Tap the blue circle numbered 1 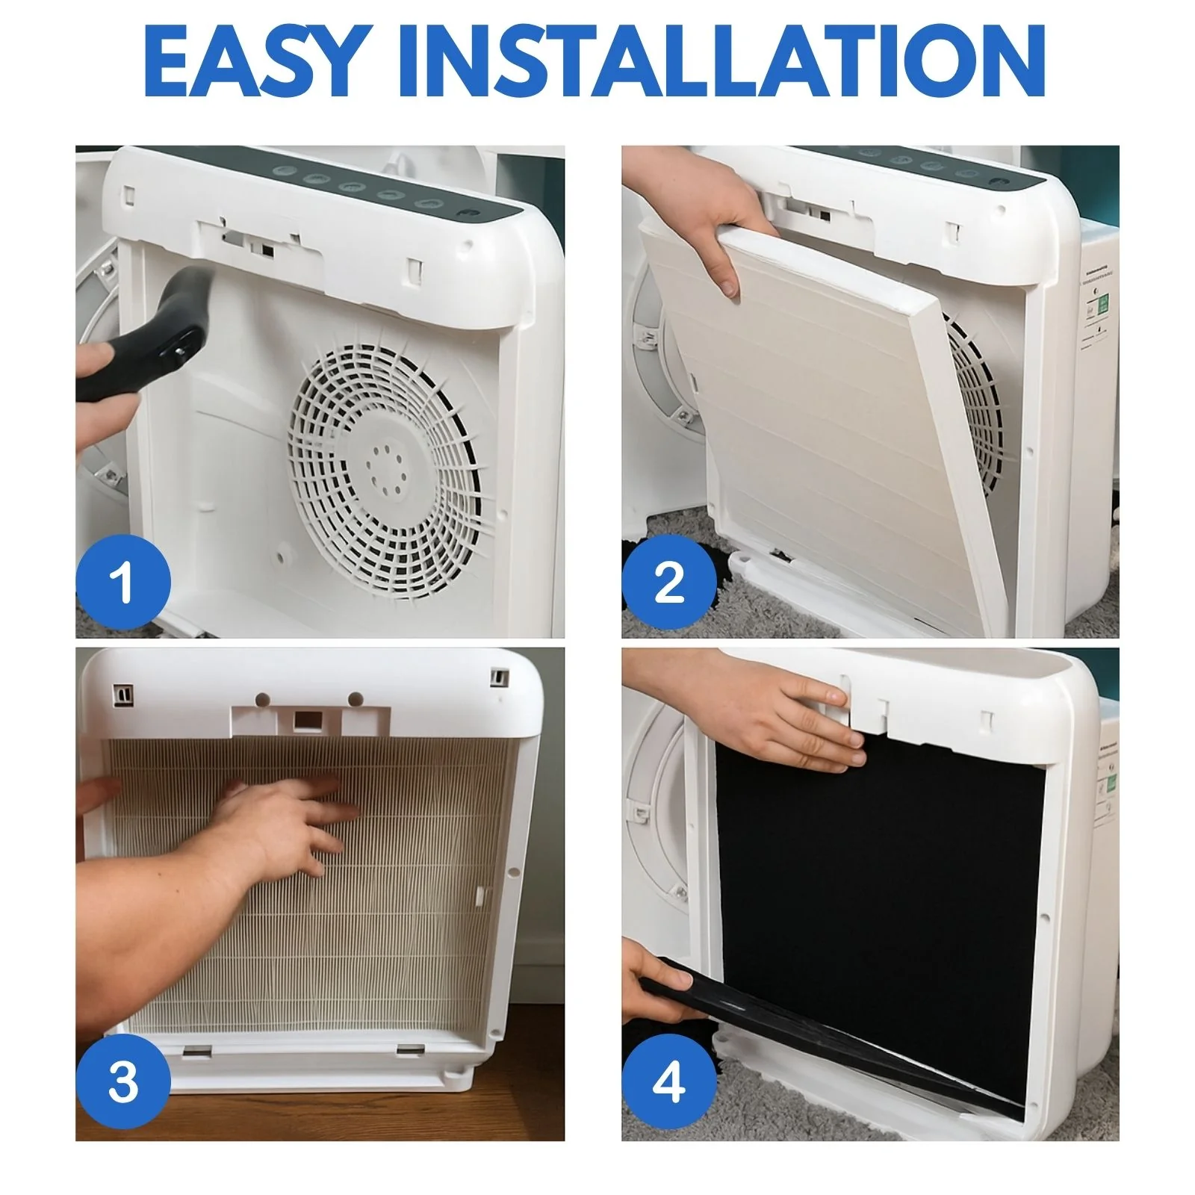123,582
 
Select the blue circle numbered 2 669,582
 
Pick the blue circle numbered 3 123,1081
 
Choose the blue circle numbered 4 669,1081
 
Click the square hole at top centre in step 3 305,720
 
